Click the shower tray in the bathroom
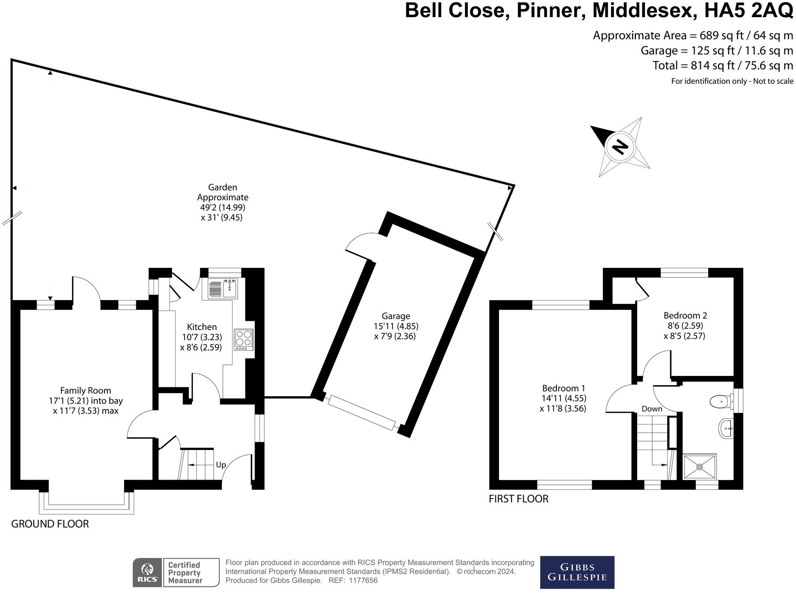[x=700, y=467]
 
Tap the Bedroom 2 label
[x=685, y=315]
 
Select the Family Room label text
[x=86, y=390]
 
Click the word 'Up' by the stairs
[x=221, y=465]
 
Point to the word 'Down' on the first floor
[x=652, y=409]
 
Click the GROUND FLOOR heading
[x=50, y=524]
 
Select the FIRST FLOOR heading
[x=518, y=499]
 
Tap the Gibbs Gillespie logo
[x=577, y=572]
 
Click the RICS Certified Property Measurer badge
[x=176, y=573]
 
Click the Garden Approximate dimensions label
[x=222, y=203]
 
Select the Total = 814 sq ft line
[x=722, y=66]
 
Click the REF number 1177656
[x=363, y=581]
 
